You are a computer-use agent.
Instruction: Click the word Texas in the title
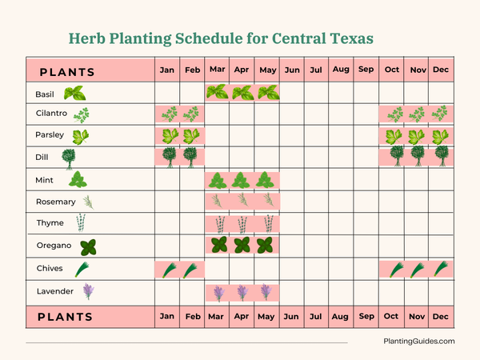click(x=346, y=38)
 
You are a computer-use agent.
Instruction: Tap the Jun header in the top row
click(x=291, y=70)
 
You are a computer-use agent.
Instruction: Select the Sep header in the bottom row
click(x=366, y=317)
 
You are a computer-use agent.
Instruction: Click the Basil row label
click(x=45, y=94)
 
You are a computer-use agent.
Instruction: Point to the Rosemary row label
click(x=55, y=202)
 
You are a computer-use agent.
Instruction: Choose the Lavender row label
click(x=55, y=291)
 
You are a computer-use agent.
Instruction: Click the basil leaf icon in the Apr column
click(x=242, y=93)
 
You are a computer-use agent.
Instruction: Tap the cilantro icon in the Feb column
click(x=192, y=114)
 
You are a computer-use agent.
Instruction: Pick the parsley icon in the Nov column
click(x=416, y=136)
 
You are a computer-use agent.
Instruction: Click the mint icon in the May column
click(x=267, y=180)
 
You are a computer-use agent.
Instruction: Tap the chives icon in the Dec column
click(x=440, y=270)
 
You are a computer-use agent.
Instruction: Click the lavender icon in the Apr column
click(x=242, y=292)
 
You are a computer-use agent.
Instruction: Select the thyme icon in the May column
click(x=267, y=223)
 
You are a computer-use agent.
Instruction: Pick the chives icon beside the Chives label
click(x=82, y=269)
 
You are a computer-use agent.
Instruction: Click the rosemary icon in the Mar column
click(x=218, y=202)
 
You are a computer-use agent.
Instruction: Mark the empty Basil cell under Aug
click(x=341, y=93)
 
